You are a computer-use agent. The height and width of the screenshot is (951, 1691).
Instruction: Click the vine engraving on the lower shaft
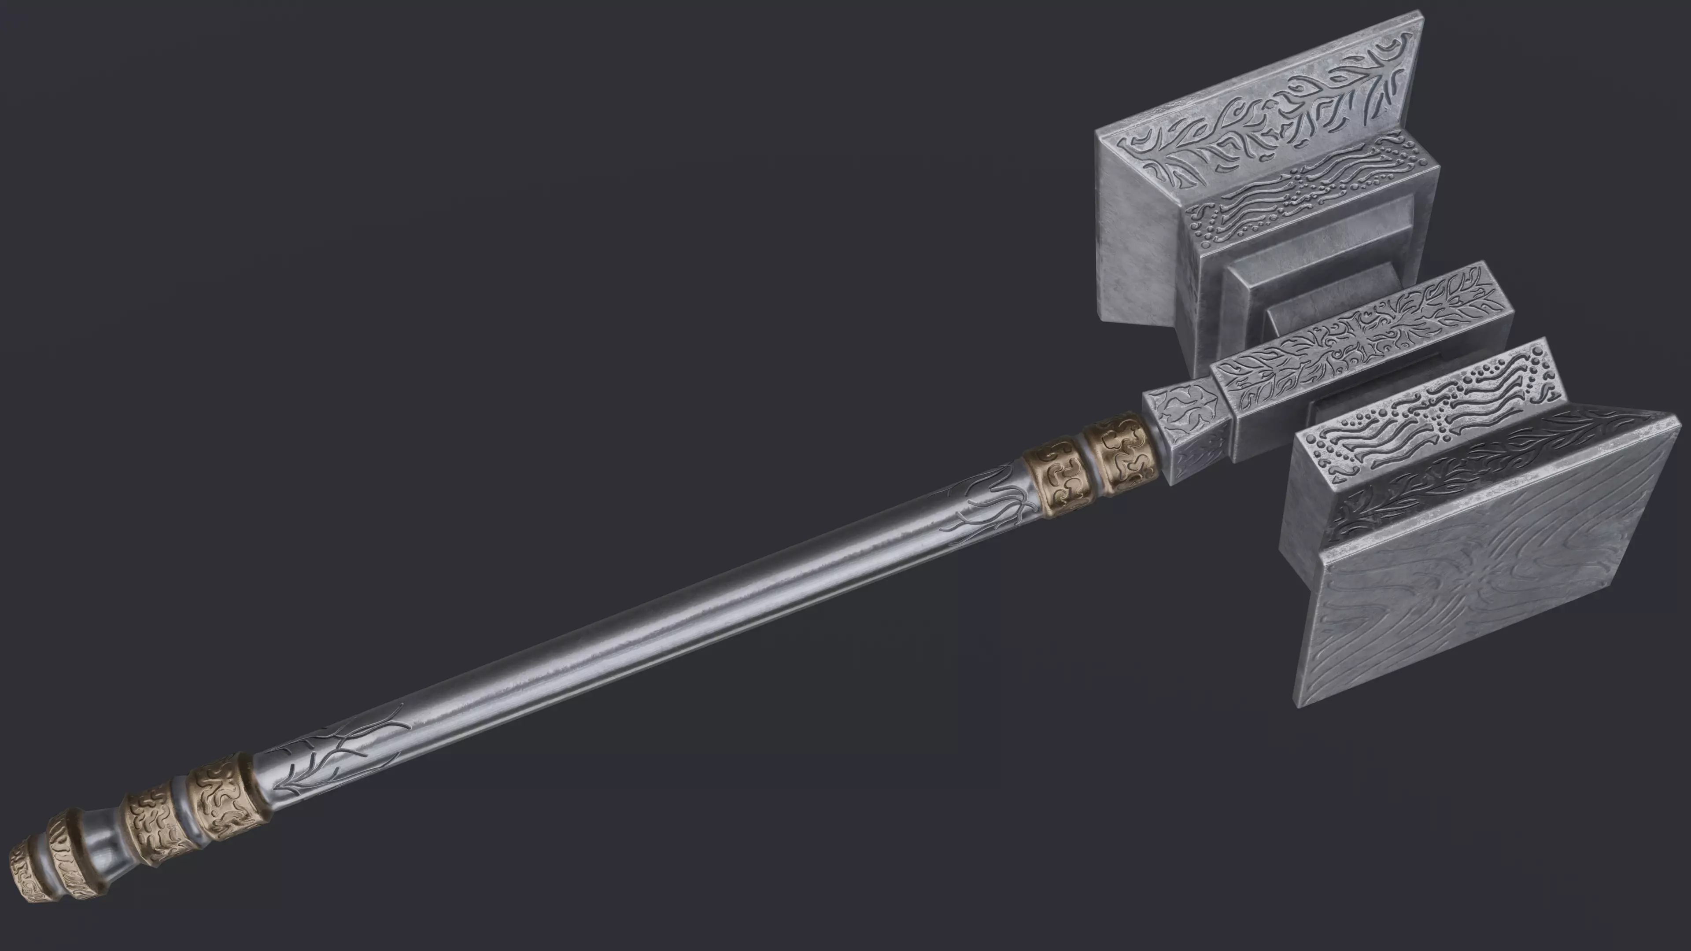341,755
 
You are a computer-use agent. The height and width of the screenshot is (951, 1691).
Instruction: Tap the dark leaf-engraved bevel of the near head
1477,472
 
